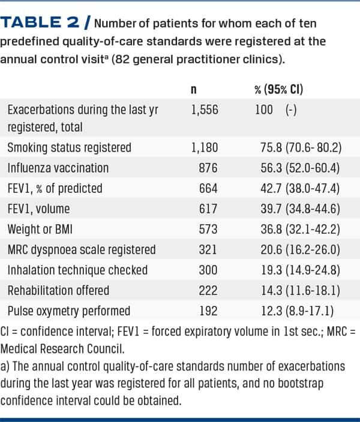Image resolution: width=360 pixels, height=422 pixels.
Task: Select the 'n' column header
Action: pos(194,91)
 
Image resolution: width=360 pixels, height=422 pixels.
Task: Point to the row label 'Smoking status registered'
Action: pos(69,147)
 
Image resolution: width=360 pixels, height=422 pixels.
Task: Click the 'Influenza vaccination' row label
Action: pos(58,167)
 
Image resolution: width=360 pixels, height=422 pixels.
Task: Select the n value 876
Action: pos(208,167)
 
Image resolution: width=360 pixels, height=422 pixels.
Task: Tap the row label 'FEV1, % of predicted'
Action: pos(55,188)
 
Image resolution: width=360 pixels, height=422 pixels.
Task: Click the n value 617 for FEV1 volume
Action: pos(208,209)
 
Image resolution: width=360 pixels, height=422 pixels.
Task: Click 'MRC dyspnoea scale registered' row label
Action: pos(81,249)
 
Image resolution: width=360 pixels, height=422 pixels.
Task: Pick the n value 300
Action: pos(208,270)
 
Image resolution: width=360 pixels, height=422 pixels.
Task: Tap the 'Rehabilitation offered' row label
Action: pos(58,290)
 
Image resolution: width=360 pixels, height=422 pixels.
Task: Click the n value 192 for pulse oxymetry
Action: pos(208,311)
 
